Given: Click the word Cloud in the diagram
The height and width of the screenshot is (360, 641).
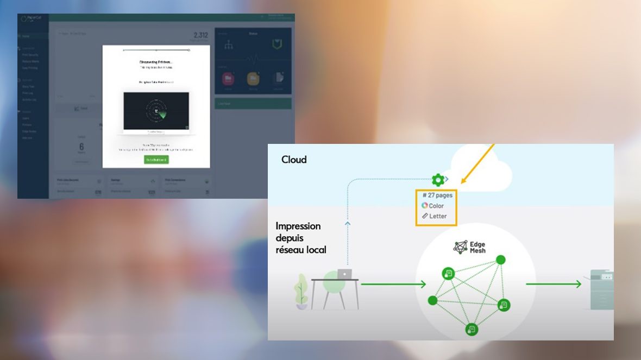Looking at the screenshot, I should (x=294, y=160).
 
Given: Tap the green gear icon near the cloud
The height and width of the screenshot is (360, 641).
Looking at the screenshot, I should (x=438, y=179).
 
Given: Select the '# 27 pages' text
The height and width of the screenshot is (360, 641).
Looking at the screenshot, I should (x=437, y=195).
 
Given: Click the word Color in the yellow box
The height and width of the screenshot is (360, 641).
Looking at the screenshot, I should (x=436, y=206).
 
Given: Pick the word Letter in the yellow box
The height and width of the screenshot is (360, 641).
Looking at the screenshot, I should (x=438, y=216).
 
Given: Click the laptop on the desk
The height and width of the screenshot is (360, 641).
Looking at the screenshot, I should (x=344, y=274).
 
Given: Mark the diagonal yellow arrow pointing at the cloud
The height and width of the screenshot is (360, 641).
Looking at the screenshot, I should (x=478, y=162).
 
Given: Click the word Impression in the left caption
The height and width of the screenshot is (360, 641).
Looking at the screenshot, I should (x=298, y=226).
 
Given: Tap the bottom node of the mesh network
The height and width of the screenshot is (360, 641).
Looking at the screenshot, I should (x=472, y=329).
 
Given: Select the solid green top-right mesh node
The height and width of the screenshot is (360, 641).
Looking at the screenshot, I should (x=501, y=260).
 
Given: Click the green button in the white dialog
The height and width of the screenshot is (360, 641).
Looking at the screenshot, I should (x=156, y=160).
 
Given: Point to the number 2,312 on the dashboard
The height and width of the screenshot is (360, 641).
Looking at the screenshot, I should (x=200, y=35).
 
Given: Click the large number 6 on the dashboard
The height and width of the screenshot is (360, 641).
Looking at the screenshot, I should (x=81, y=147).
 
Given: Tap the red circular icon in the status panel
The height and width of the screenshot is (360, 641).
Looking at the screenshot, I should (x=228, y=79).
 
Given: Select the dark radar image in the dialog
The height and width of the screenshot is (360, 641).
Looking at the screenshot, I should (x=156, y=111).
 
